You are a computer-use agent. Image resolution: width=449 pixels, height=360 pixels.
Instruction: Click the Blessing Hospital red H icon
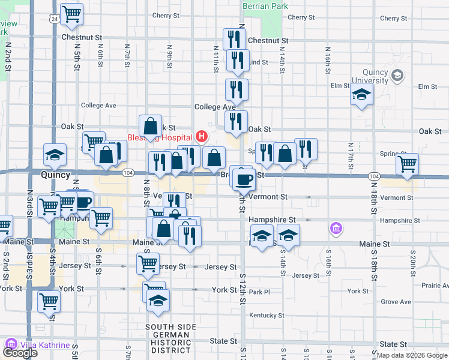point(202,137)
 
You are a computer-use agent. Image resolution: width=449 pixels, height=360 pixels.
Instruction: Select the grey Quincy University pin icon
point(397,76)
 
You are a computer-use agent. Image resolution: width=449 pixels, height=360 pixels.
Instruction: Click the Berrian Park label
point(265,6)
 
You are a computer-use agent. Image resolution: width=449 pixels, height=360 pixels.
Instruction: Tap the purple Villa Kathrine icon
point(11,344)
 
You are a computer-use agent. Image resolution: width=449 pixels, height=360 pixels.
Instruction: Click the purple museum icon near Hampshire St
point(336,228)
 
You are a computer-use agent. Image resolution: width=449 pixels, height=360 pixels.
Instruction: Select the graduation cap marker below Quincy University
point(361,95)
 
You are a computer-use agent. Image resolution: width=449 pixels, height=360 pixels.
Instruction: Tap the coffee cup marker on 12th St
point(243,179)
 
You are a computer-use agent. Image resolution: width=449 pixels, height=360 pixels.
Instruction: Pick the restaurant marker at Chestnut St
point(233,39)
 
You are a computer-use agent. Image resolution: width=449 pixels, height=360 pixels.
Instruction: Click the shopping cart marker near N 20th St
point(408,163)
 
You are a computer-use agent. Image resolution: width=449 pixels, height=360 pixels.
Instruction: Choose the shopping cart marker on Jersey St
point(148,263)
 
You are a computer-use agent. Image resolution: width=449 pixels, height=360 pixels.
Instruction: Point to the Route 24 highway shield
point(55,19)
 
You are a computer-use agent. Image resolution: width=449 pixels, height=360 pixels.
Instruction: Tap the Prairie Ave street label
point(435,285)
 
